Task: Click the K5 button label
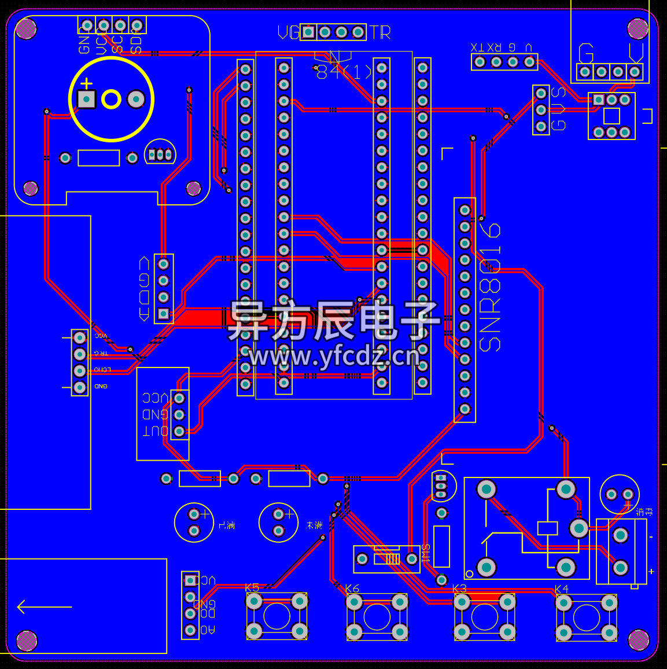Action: pyautogui.click(x=252, y=587)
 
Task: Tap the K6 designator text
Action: pyautogui.click(x=352, y=589)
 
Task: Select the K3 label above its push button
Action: pyautogui.click(x=459, y=589)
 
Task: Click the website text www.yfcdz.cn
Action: pyautogui.click(x=334, y=356)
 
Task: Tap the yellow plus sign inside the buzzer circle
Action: pyautogui.click(x=86, y=84)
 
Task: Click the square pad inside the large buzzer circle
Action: pyautogui.click(x=86, y=100)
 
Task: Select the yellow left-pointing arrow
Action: pyautogui.click(x=44, y=606)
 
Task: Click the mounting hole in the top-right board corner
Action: pyautogui.click(x=637, y=28)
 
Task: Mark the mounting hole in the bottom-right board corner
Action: pyautogui.click(x=638, y=639)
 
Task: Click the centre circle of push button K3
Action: pyautogui.click(x=485, y=617)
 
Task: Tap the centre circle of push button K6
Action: pyautogui.click(x=377, y=617)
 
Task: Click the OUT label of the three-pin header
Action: pyautogui.click(x=156, y=431)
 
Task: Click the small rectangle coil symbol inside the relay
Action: pyautogui.click(x=547, y=528)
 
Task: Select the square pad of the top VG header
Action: pyautogui.click(x=308, y=32)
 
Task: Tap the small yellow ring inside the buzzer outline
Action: pyautogui.click(x=111, y=100)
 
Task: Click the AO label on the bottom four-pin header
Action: pyautogui.click(x=208, y=630)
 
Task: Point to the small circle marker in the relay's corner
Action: pyautogui.click(x=470, y=574)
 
